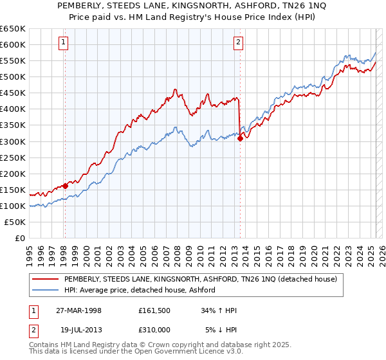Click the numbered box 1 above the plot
point(64,43)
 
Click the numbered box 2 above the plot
point(239,43)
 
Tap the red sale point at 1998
point(65,186)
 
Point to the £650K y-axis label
point(13,29)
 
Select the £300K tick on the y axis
point(13,141)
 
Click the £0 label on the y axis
point(21,238)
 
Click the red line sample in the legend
point(45,279)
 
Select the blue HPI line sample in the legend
point(45,290)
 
